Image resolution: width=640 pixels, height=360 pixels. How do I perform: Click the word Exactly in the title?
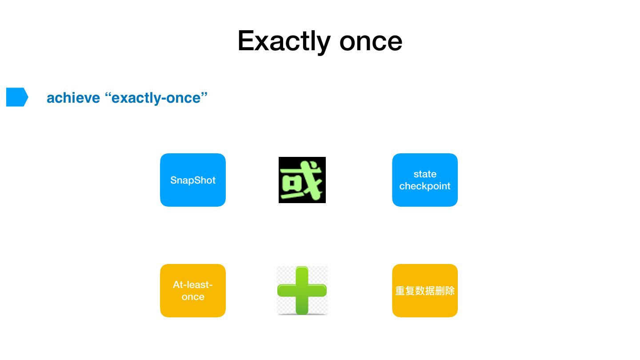click(284, 42)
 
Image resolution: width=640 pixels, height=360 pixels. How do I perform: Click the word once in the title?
click(371, 42)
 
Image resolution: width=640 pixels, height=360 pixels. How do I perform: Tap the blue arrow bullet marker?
click(17, 97)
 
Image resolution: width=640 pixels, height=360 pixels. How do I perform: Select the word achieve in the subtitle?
click(73, 98)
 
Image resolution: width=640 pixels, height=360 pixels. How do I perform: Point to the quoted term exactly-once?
click(156, 98)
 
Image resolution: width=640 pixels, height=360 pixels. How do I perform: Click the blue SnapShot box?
click(193, 180)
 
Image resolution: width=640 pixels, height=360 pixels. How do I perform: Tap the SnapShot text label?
click(193, 180)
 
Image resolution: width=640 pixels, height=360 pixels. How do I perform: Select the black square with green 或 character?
click(302, 180)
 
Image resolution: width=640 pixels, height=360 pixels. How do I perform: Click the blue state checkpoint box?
click(425, 180)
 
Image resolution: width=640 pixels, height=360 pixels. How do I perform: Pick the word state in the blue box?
click(425, 174)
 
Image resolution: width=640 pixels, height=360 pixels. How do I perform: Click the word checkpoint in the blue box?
click(425, 186)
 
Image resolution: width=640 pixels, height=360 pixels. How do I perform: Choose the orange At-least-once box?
click(193, 291)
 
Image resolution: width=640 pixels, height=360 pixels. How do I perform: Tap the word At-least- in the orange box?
click(193, 285)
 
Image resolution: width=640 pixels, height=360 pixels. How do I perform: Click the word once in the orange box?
click(193, 297)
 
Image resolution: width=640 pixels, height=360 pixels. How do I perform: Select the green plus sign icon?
click(302, 291)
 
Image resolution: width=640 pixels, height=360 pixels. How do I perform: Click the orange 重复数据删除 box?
click(425, 291)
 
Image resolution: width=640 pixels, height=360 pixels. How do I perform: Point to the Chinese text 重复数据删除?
click(425, 291)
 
